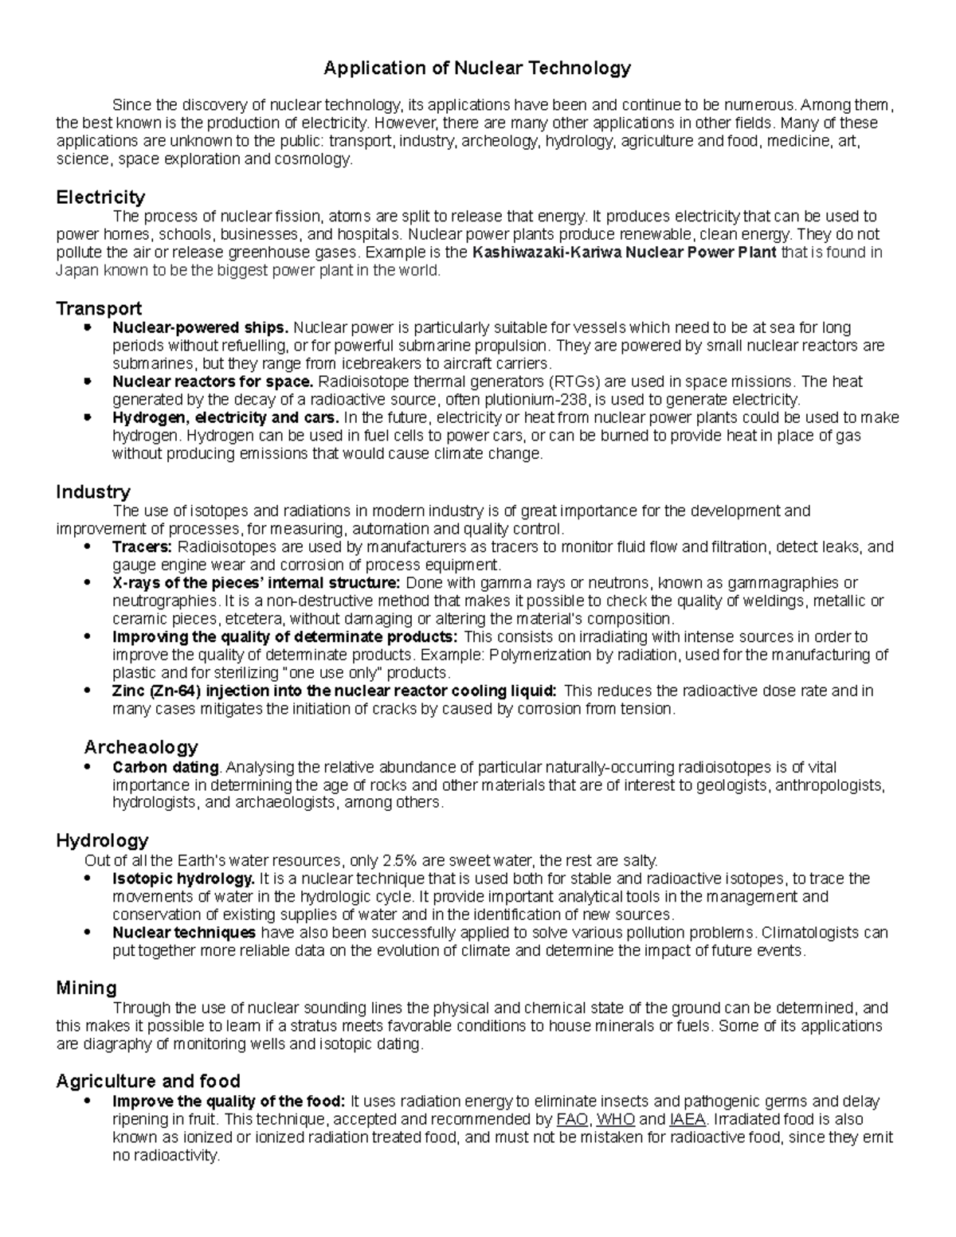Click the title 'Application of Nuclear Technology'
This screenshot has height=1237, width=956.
476,69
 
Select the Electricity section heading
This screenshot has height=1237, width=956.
100,197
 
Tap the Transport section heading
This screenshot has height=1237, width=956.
99,308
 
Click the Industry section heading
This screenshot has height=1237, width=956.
93,491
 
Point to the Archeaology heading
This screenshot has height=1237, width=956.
141,747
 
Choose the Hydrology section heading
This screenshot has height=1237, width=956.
102,840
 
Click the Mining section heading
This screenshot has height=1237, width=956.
86,988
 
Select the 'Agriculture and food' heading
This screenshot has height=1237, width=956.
148,1081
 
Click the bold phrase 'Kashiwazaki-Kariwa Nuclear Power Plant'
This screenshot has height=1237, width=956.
625,252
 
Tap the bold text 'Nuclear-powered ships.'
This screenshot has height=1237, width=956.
201,327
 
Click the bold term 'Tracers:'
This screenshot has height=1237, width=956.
142,547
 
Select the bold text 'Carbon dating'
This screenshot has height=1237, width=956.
166,767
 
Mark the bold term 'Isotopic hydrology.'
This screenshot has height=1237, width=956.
183,879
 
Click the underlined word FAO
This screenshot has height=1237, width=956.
571,1119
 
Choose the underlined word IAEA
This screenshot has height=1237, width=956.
688,1119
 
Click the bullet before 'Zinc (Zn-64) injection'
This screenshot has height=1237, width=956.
88,691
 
